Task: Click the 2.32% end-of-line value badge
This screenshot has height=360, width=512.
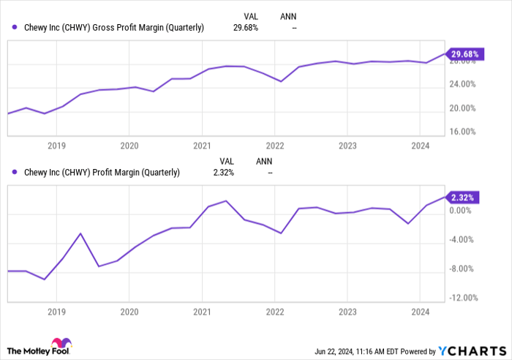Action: (x=462, y=198)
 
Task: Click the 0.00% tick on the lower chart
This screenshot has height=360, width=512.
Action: (x=460, y=211)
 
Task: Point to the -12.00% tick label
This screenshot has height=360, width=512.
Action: (x=462, y=298)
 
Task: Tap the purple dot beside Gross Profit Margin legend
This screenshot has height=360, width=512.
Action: (x=15, y=28)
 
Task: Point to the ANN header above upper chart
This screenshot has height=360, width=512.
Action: (x=289, y=15)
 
